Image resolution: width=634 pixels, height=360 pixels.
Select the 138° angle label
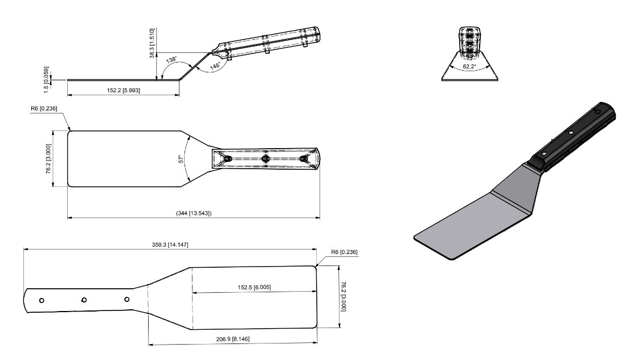pos(171,59)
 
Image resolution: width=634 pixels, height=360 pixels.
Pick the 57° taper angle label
pos(181,160)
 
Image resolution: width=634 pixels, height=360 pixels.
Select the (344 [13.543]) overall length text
pos(194,213)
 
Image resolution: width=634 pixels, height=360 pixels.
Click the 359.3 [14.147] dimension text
pos(170,244)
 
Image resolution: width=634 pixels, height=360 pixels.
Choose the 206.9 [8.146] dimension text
pos(231,339)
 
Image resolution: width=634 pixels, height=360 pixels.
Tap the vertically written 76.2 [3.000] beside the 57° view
pos(50,158)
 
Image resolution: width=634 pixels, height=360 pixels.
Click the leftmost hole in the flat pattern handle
pos(42,300)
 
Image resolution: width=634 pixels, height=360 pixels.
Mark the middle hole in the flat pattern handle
pos(84,300)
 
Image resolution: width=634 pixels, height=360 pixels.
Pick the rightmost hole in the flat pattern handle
pos(126,299)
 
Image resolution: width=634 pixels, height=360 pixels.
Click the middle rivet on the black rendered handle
pos(571,134)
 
